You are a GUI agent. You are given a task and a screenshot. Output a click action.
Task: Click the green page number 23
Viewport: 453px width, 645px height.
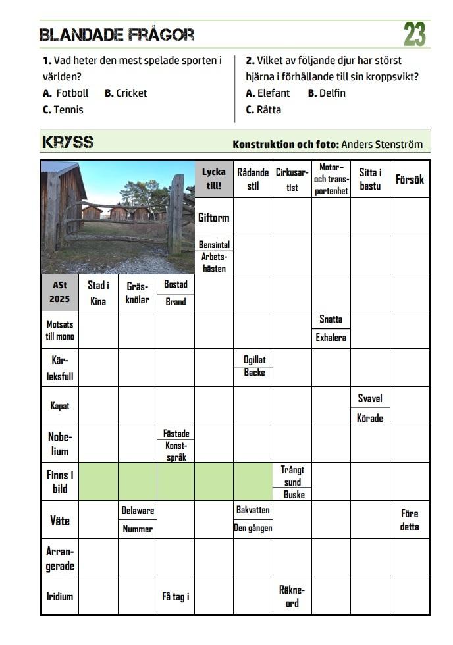click(x=414, y=34)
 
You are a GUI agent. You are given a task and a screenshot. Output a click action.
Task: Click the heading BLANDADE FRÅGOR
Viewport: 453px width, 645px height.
click(x=117, y=35)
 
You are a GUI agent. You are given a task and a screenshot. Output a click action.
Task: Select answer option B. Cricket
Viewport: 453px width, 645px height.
click(x=126, y=93)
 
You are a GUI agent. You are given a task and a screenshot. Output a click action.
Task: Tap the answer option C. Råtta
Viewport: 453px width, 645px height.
click(x=263, y=110)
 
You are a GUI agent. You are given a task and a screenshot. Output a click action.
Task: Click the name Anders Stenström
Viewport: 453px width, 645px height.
click(x=382, y=144)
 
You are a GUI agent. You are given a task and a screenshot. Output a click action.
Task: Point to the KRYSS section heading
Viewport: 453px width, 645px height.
click(x=68, y=142)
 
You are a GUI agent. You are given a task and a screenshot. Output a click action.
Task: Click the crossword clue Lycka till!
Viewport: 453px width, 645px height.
click(x=214, y=179)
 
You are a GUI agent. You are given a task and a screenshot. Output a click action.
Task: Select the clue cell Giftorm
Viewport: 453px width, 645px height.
click(x=214, y=217)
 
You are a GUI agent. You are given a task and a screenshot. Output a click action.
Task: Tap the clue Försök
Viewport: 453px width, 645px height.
click(x=409, y=179)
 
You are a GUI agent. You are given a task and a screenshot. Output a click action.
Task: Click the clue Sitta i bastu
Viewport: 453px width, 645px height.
click(x=370, y=179)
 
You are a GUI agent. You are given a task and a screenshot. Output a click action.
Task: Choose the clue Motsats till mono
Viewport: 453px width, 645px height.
click(x=60, y=330)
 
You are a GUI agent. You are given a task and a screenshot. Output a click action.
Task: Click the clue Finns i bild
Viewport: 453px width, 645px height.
click(x=60, y=482)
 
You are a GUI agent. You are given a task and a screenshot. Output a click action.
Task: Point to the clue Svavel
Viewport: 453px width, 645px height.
click(x=370, y=399)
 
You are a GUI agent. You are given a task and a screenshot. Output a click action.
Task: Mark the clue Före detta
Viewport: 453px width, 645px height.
click(x=409, y=520)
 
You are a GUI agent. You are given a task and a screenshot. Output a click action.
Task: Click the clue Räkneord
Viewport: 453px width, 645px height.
click(x=292, y=596)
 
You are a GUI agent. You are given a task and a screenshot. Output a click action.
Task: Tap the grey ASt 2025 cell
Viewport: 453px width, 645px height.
click(x=60, y=292)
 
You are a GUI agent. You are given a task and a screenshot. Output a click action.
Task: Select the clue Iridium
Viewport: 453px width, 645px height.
click(x=60, y=596)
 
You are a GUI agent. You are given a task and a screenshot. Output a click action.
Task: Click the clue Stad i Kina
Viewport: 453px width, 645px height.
click(x=98, y=292)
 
